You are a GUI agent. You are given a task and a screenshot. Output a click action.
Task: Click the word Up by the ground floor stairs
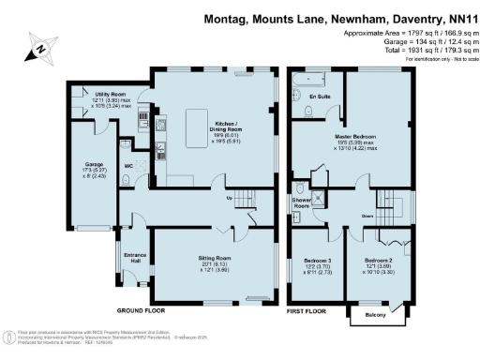(229, 197)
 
